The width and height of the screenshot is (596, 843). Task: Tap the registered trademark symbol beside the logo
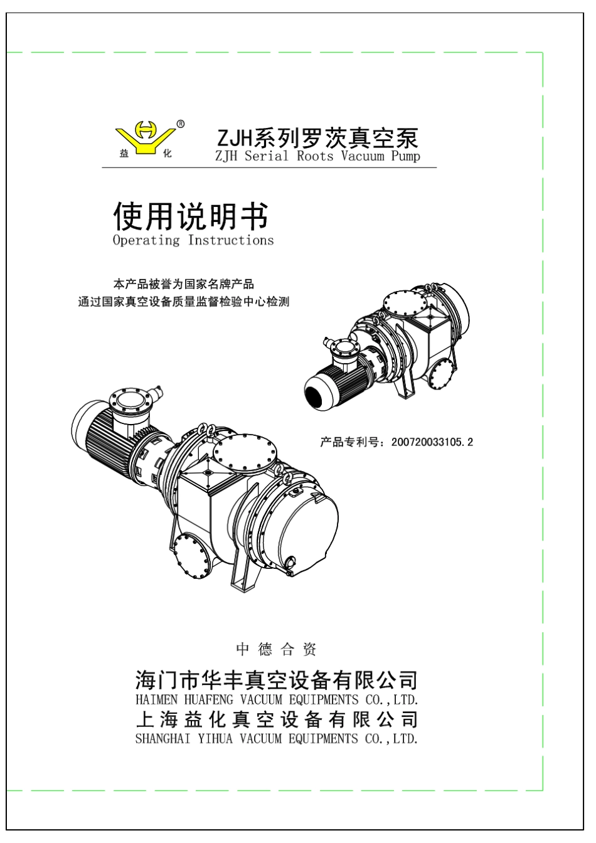coord(181,124)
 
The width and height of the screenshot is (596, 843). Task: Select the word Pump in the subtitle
coord(405,156)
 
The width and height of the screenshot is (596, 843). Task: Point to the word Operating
coord(146,240)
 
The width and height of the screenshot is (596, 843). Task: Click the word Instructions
coord(231,240)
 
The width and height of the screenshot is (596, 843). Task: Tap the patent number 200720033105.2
coord(432,442)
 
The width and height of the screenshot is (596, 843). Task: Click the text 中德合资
coord(276,649)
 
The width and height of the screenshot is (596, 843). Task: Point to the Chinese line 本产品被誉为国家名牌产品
coord(183,285)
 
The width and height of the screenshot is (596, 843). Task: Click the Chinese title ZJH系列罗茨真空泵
coord(317,137)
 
